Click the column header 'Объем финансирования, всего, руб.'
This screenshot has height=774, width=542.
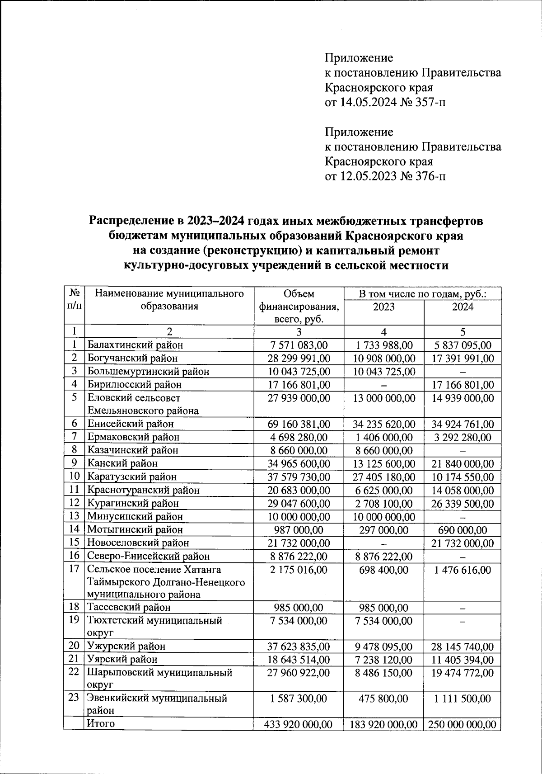(299, 306)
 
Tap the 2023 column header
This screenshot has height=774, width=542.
(383, 307)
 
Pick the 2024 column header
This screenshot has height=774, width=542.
(463, 307)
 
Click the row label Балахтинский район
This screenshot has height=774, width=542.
(135, 345)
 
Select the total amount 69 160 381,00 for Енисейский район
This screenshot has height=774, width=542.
(299, 424)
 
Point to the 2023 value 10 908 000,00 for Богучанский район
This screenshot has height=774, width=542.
(383, 359)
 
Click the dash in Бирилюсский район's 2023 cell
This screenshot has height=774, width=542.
(383, 385)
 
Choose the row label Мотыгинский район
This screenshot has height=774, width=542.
(135, 529)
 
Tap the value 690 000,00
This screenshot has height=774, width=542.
(463, 530)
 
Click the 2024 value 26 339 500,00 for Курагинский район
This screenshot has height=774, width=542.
(463, 504)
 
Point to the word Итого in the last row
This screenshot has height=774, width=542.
(101, 723)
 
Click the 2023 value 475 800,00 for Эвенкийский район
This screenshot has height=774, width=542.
(383, 698)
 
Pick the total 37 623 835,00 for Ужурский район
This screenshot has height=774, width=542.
(299, 647)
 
